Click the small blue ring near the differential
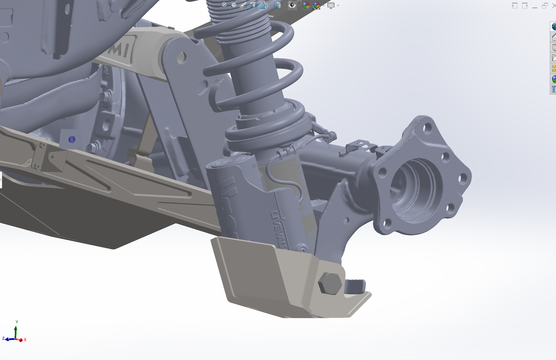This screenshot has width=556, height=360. coord(72,139)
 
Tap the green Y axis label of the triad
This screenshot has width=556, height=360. coord(17,322)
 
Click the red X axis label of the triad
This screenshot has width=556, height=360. coord(25,340)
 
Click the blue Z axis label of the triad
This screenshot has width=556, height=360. coord(3,339)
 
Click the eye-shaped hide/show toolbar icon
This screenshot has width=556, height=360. coord(292,5)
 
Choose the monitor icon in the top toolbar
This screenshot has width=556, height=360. coord(331,5)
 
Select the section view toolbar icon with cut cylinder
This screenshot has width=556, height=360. coord(253,5)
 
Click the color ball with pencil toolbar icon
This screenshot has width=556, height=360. coord(306,5)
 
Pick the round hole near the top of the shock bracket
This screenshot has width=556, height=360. coord(181,58)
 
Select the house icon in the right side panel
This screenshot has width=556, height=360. coord(553,37)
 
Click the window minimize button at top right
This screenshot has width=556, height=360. coord(535,6)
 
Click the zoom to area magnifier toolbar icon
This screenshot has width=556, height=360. coord(234,5)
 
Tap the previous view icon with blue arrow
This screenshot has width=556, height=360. coord(243,5)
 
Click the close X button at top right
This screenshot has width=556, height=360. coord(553,6)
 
